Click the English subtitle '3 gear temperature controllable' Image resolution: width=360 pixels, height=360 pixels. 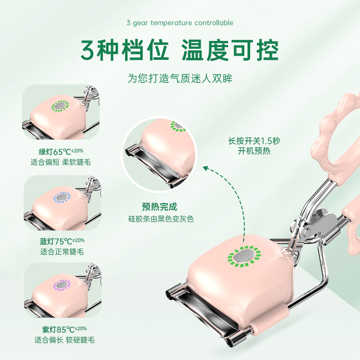tap(180, 23)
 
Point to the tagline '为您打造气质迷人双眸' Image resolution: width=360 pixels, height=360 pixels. tap(180, 78)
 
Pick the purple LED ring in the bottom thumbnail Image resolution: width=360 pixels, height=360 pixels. tap(60, 285)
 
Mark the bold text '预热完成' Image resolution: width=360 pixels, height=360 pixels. tap(159, 207)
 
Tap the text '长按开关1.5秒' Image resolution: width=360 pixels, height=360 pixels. tap(254, 140)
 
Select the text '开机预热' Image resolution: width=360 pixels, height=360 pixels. tap(254, 151)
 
